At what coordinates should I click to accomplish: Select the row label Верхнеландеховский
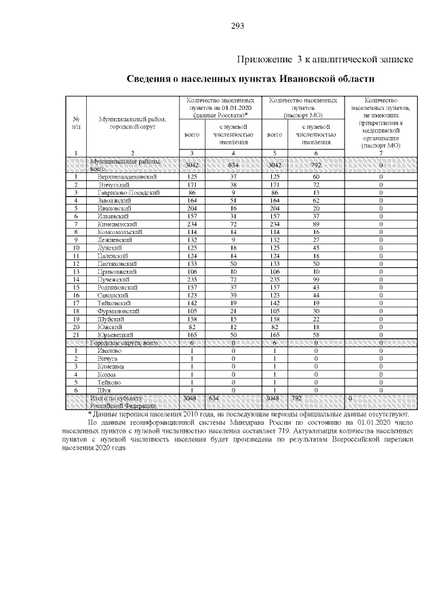pos(127,177)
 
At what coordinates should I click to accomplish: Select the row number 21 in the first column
pos(77,335)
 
